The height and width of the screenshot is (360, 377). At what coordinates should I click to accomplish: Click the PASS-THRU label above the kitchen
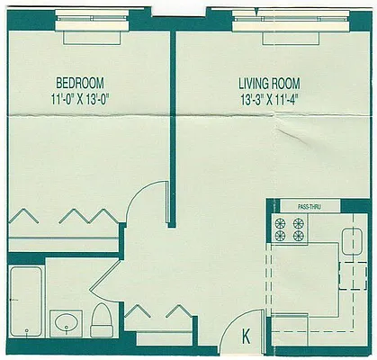click(x=310, y=207)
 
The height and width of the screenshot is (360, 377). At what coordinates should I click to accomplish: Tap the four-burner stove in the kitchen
click(x=289, y=229)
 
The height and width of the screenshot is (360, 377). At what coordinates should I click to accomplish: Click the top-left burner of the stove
click(x=280, y=222)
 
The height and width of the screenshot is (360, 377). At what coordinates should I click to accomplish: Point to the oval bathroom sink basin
click(x=66, y=321)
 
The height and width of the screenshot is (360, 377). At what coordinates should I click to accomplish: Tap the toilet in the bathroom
click(x=101, y=319)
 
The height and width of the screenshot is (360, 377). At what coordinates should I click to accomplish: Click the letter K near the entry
click(x=247, y=337)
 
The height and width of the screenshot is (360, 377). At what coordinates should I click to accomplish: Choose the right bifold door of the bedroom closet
click(x=86, y=217)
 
